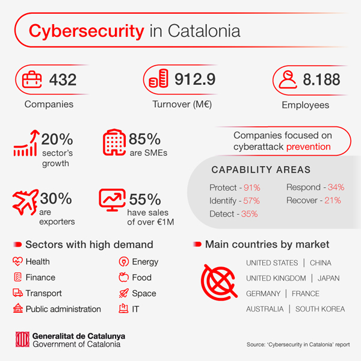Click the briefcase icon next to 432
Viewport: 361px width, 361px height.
pos(32,79)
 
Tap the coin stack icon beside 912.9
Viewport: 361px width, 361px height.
pos(158,78)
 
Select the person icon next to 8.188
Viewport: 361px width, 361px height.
pos(288,79)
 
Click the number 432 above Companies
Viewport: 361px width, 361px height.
pos(63,79)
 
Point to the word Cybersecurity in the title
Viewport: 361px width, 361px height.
pos(86,31)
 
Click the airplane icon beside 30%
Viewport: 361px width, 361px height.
pos(25,202)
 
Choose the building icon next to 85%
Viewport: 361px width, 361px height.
pos(114,142)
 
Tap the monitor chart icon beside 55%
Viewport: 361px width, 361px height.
pos(113,200)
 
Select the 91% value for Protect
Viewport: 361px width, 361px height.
pos(252,188)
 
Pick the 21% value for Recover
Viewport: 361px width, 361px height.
pos(333,200)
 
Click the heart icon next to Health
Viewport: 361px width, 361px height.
pos(17,261)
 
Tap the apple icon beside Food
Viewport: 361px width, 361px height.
pos(123,277)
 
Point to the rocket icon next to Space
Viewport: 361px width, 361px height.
pos(123,293)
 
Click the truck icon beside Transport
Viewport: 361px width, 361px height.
pos(17,292)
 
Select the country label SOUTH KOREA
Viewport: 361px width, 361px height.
pos(320,309)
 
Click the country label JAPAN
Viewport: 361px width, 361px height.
pos(329,278)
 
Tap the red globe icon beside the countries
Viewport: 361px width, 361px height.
pos(219,282)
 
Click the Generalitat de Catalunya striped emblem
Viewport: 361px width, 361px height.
pos(22,339)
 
